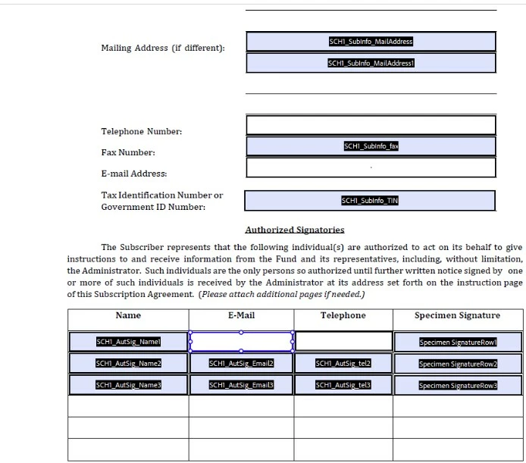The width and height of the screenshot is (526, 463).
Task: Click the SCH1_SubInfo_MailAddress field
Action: click(x=371, y=42)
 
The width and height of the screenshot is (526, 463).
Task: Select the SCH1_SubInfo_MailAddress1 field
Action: click(x=371, y=63)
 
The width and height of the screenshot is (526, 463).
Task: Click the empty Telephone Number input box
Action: click(x=371, y=125)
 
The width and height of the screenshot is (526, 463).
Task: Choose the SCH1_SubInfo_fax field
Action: click(x=371, y=146)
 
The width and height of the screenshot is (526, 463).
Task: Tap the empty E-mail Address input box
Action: click(x=371, y=167)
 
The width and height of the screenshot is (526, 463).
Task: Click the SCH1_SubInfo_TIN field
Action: click(x=370, y=201)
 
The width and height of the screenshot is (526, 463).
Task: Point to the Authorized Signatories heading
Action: click(x=295, y=230)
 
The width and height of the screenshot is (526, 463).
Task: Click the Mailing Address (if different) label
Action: click(x=163, y=48)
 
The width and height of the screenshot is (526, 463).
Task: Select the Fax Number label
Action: click(x=128, y=152)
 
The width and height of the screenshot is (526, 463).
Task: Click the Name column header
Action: click(x=128, y=315)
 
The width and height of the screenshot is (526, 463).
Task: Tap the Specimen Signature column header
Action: click(x=457, y=315)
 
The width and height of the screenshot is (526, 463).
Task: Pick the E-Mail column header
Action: click(x=241, y=315)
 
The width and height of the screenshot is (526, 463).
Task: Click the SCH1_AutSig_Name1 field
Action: click(x=128, y=342)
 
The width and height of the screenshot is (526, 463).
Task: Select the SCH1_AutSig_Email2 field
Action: click(x=241, y=364)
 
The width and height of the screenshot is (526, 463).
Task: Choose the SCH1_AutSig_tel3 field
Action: click(x=343, y=385)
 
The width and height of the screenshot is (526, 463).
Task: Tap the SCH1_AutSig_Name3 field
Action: click(x=128, y=385)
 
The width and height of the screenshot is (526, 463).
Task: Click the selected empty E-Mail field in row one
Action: click(x=241, y=342)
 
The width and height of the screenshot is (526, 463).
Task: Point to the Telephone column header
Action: click(x=343, y=315)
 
